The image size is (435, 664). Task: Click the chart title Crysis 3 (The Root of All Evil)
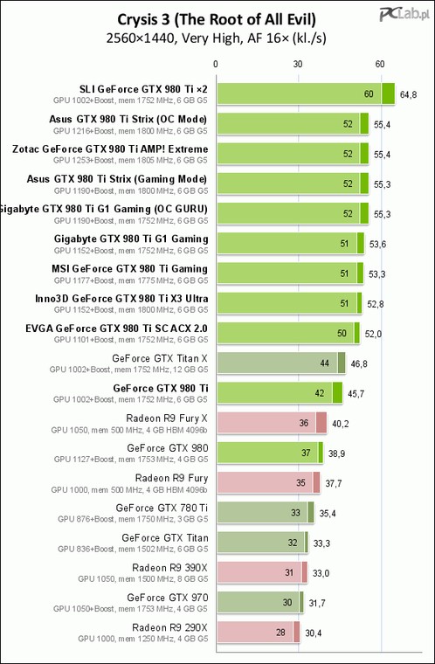pos(217,19)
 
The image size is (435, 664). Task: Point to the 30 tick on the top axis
pos(298,65)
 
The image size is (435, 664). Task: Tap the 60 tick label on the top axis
pos(380,65)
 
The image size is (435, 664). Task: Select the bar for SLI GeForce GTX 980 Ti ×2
pos(306,93)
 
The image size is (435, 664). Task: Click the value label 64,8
pos(408,94)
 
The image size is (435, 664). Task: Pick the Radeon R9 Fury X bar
pos(272,423)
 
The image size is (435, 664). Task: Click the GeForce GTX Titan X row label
pos(160,358)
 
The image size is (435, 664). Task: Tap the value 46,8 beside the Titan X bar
pos(359,363)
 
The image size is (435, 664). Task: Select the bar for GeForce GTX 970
pos(260,602)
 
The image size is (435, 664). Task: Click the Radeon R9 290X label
pos(169,627)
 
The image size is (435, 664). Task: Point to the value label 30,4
pos(314,633)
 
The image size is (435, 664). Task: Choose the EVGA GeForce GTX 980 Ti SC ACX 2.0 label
pos(116,329)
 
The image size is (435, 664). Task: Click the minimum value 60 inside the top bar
pos(369,94)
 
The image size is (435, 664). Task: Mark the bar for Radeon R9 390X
pos(262,572)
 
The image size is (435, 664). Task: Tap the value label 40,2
pos(341,424)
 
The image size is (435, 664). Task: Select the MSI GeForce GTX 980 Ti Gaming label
pos(129,269)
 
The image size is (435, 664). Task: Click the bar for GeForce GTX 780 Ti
pos(266,512)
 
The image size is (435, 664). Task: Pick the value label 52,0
pos(373,334)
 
